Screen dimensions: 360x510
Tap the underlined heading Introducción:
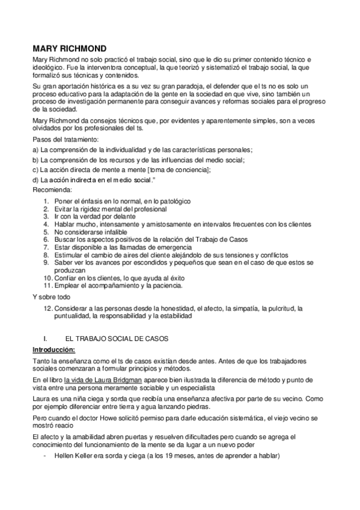(53, 350)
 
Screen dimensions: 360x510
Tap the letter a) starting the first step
(35, 150)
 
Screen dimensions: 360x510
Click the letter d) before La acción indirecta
(35, 180)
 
